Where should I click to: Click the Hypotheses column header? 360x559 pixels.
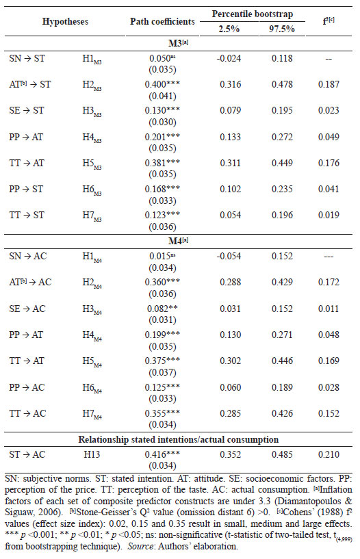65,21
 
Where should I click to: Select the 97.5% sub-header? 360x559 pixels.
281,29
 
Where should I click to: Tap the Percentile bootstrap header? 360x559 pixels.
253,14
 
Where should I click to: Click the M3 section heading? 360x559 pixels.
178,43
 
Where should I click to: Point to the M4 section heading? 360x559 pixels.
178,241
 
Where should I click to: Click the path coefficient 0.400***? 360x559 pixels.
162,84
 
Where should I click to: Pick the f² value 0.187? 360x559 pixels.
329,84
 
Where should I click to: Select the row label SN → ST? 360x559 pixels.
27,58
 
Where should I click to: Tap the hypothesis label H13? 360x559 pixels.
92,454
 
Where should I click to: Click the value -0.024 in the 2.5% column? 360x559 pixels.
229,58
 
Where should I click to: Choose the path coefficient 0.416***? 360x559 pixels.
162,454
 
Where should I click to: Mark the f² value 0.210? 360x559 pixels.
329,454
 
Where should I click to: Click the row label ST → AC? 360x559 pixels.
27,454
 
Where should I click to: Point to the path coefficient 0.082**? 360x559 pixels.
162,309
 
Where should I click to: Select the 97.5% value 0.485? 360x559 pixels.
282,454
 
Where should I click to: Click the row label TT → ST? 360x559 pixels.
27,216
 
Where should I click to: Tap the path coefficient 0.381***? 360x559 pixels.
162,164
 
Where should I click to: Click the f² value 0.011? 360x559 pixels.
329,309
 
